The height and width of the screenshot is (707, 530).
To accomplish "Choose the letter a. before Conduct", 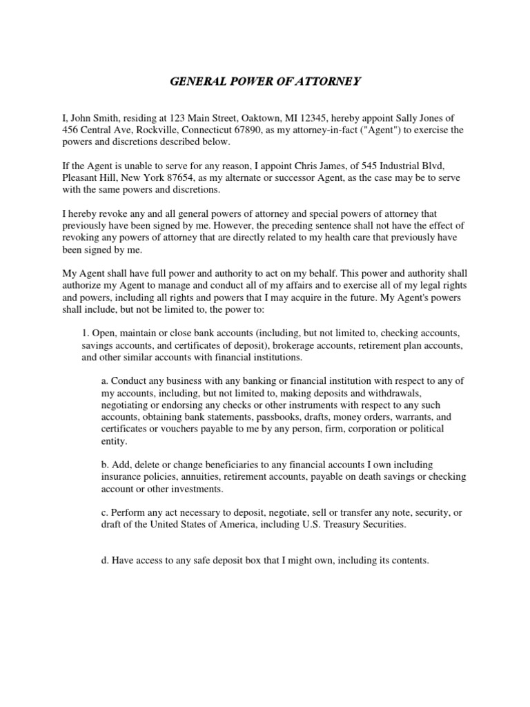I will click(105, 381).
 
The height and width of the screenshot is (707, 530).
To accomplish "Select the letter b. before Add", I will click(105, 465).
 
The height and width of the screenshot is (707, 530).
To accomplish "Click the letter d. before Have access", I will click(105, 561).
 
